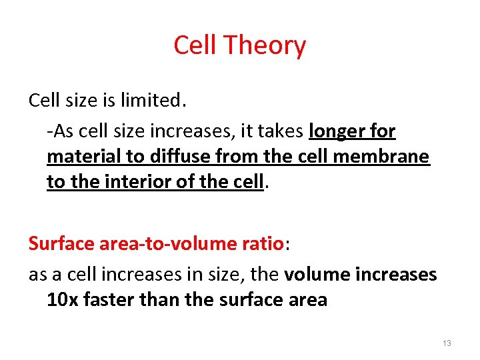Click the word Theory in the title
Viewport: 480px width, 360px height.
tap(265, 46)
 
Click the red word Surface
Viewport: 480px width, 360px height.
tap(59, 243)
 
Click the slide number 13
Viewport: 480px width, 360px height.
tap(447, 343)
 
